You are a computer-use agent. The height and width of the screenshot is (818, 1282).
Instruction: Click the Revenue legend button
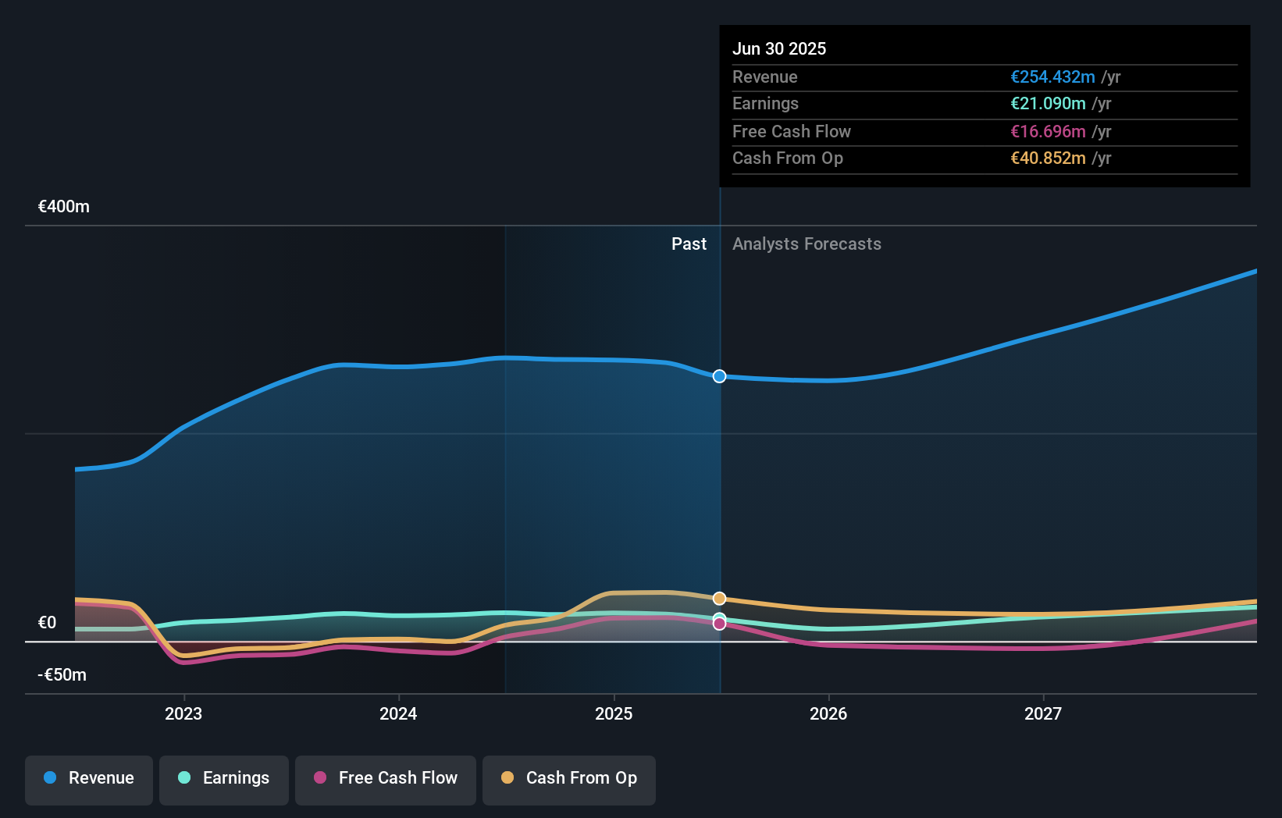(89, 779)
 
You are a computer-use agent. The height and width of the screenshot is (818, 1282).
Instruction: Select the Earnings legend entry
(224, 779)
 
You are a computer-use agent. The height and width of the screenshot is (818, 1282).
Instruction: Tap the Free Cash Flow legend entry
(386, 779)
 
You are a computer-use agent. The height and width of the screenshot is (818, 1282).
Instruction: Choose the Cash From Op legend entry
(569, 779)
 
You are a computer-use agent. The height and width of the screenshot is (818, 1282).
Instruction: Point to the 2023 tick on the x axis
(183, 713)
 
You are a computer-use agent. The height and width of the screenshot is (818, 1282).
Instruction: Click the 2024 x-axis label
(398, 713)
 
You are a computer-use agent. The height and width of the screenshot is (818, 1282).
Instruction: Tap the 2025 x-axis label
(614, 713)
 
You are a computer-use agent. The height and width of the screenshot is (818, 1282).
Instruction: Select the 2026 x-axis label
(828, 713)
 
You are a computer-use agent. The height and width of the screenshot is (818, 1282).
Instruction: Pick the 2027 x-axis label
(1043, 713)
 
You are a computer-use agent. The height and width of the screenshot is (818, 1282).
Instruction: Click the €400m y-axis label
(64, 207)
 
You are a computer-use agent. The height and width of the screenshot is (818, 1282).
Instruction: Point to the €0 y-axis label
(48, 623)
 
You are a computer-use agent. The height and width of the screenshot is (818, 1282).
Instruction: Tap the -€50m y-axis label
(62, 675)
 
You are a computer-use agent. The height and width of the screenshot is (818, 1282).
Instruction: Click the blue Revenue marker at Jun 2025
(719, 376)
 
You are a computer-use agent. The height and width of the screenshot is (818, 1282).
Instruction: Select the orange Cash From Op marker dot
(719, 599)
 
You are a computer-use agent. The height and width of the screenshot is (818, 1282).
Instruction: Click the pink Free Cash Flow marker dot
(719, 624)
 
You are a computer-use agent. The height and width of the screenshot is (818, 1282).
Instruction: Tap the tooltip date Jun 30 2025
(779, 49)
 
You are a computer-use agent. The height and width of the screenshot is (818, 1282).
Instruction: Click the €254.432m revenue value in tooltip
(1052, 77)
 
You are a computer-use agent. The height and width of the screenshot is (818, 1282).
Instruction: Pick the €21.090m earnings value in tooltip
(1048, 104)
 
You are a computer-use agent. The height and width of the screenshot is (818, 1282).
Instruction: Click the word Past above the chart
(689, 244)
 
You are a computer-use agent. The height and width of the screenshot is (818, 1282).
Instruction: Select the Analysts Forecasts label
(807, 244)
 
